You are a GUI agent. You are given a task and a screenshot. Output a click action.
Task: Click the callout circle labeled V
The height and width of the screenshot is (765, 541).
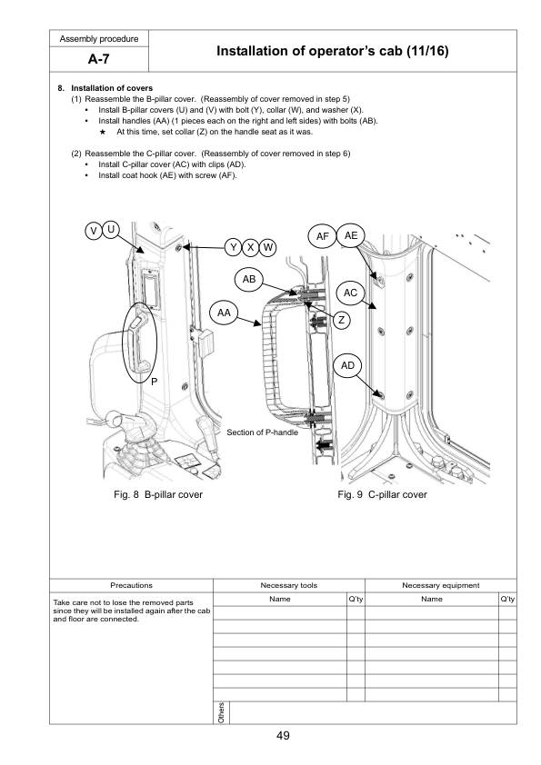click(x=93, y=231)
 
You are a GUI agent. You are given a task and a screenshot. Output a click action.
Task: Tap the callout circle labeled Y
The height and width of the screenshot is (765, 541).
click(x=234, y=247)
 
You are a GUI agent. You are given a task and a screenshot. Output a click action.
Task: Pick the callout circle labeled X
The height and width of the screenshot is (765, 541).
click(x=251, y=247)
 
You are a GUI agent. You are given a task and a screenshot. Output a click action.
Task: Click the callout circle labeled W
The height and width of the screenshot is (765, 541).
click(x=269, y=247)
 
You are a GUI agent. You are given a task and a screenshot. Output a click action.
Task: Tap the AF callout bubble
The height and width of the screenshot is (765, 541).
click(x=322, y=237)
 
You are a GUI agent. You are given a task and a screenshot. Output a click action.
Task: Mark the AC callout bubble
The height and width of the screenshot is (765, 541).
click(x=352, y=293)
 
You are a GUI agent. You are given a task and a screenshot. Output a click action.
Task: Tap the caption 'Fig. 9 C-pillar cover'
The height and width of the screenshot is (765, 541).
click(x=381, y=494)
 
